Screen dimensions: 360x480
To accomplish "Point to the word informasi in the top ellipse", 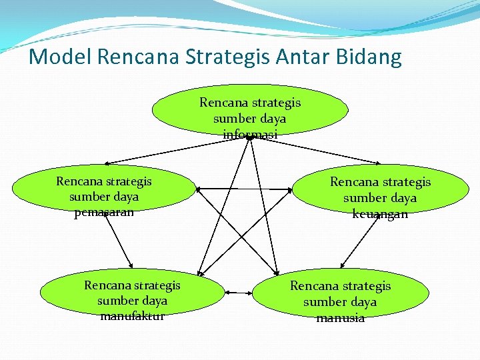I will click(x=250, y=135).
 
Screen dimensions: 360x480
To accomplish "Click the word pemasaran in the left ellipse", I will click(x=104, y=213).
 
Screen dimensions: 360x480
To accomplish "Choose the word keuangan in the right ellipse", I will click(x=380, y=214).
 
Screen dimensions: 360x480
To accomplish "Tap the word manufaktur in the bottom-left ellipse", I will click(x=132, y=316).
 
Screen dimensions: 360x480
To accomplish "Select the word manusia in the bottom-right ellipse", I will click(x=340, y=318).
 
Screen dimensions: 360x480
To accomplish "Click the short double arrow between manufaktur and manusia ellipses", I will click(x=238, y=292).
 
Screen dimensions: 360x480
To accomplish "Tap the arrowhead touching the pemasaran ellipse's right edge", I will click(x=200, y=189).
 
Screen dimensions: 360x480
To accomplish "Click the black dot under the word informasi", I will click(x=248, y=138).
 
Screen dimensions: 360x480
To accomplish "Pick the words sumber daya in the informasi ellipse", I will click(x=250, y=119).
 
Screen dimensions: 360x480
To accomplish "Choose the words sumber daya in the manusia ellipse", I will click(x=340, y=302).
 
